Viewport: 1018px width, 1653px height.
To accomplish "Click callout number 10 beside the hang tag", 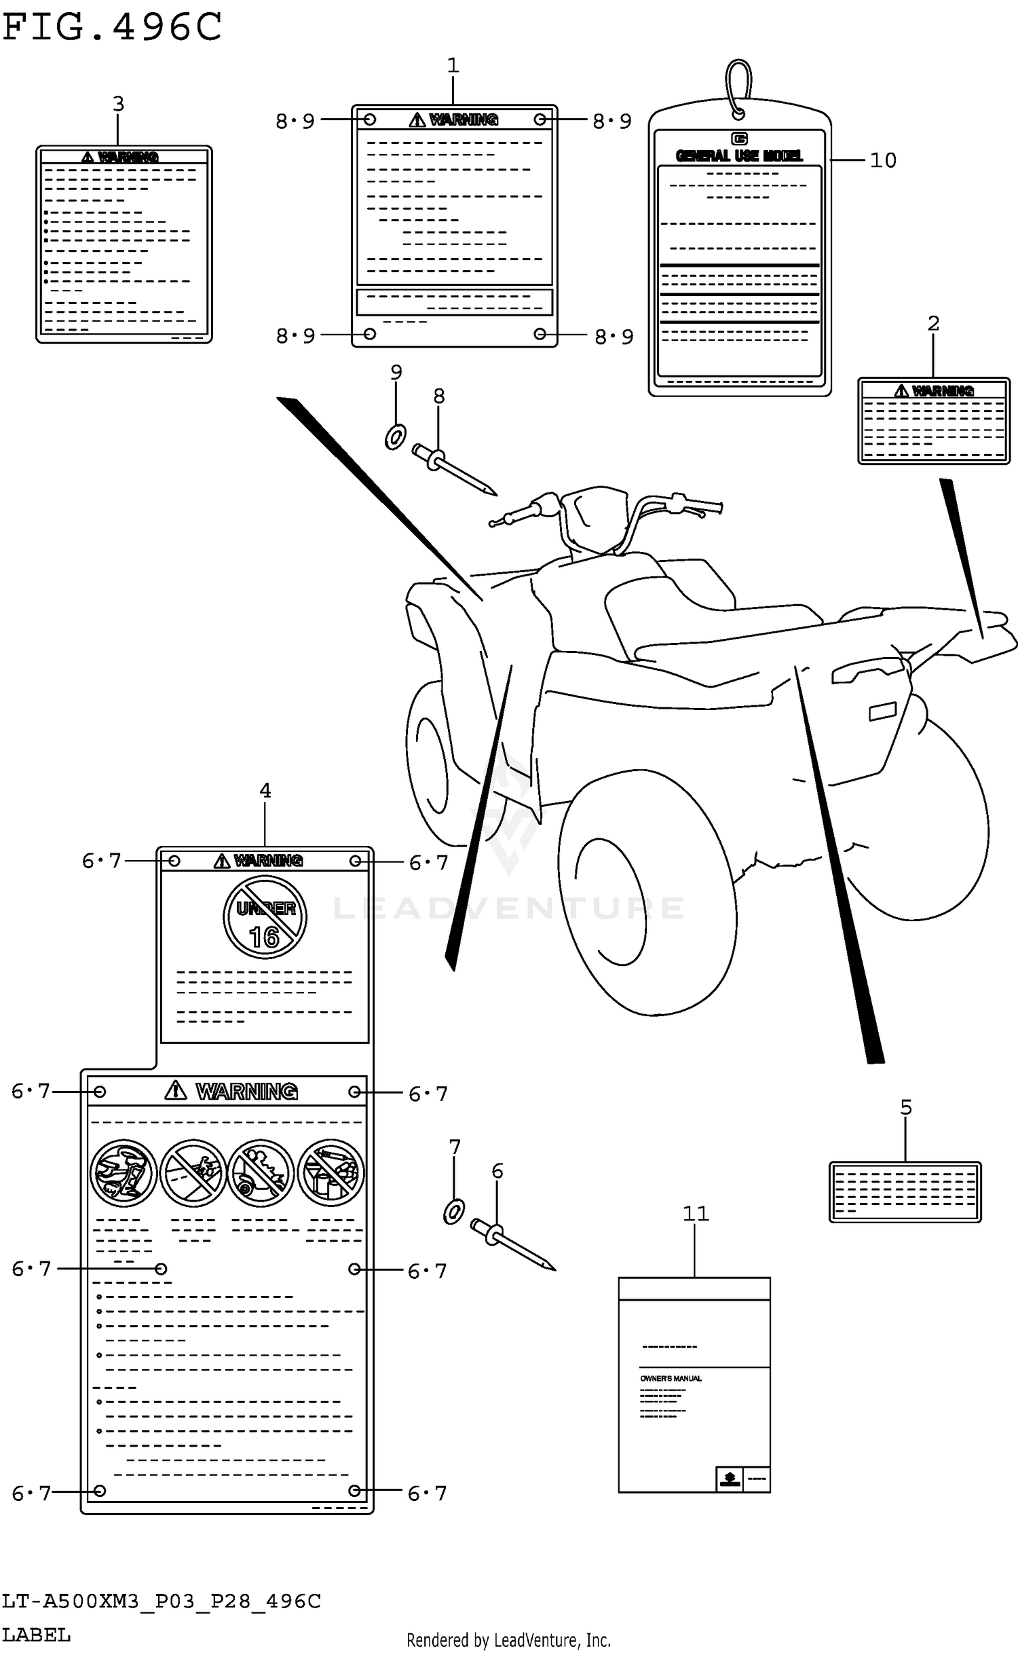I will [883, 160].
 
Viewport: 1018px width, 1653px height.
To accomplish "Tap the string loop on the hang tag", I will [738, 85].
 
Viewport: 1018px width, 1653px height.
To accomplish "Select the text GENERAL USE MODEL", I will [739, 156].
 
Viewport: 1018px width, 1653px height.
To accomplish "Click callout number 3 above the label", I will [118, 104].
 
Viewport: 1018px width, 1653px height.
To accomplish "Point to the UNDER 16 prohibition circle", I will [265, 917].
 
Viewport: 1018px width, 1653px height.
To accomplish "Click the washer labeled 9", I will [395, 437].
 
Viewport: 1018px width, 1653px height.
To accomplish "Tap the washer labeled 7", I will [453, 1212].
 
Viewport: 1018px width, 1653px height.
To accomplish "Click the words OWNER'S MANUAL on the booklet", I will [671, 1378].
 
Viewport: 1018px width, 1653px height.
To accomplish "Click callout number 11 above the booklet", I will [695, 1213].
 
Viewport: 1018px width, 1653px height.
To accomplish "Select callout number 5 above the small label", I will [906, 1107].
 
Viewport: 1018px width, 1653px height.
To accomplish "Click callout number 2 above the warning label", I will [933, 323].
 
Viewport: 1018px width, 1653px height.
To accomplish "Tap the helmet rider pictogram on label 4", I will [124, 1173].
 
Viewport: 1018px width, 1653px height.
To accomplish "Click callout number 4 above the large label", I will [265, 790].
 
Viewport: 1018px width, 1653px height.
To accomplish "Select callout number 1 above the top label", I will [453, 66].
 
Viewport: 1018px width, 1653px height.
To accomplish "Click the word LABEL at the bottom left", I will [36, 1635].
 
